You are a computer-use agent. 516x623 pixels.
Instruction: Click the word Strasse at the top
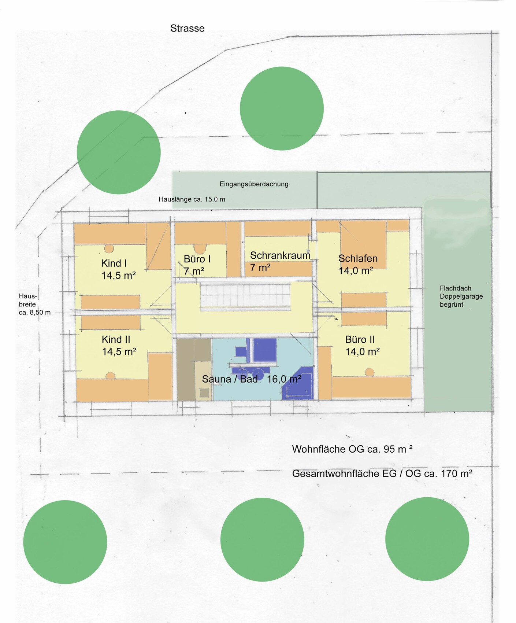point(187,28)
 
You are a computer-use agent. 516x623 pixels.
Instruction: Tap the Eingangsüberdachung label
point(254,184)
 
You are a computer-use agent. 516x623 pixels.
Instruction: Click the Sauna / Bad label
point(230,379)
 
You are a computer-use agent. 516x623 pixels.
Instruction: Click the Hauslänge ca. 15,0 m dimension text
point(192,199)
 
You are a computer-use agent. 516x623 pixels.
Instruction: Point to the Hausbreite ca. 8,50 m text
point(34,304)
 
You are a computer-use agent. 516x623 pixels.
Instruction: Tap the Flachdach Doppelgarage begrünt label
point(461,296)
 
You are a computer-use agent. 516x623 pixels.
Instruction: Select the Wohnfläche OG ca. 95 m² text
point(352,449)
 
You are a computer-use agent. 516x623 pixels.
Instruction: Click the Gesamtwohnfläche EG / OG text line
point(382,473)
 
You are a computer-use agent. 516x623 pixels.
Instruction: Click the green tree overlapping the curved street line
point(119,152)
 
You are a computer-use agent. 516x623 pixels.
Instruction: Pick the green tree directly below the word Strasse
point(282,108)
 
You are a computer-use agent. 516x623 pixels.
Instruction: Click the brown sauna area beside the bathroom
point(194,369)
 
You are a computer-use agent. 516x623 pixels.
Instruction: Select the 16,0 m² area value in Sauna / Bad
point(284,379)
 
